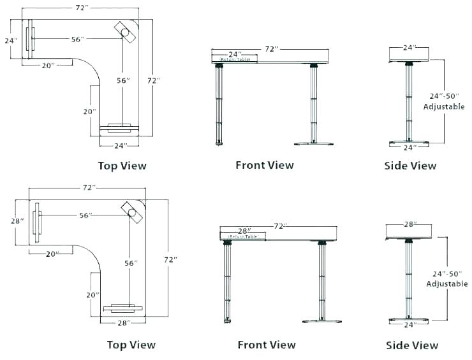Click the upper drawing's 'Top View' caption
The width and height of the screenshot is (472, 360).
point(122,166)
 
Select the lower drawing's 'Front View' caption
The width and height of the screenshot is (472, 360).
point(266,345)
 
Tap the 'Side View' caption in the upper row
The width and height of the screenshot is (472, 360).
point(410,166)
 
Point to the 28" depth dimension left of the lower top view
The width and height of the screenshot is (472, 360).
point(18,220)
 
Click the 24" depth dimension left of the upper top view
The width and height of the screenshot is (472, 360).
point(10,40)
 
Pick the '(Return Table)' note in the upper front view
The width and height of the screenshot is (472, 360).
point(230,59)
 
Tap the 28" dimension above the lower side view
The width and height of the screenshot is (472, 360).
point(411,224)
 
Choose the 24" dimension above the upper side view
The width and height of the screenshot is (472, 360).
point(409,48)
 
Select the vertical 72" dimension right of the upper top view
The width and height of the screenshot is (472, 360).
point(153,81)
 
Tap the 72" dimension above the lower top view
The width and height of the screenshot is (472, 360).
point(89,188)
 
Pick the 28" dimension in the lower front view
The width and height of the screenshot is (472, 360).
point(244,230)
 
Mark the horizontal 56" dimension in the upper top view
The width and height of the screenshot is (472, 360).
point(77,39)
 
